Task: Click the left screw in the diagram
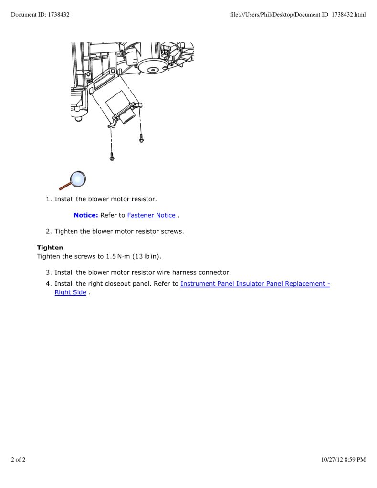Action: tap(112, 156)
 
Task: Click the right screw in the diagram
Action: tap(141, 137)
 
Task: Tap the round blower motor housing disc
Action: tap(152, 70)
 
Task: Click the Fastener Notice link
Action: tap(151, 215)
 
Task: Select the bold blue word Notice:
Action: tap(86, 215)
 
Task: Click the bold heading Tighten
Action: tap(50, 248)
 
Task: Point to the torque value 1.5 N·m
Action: tap(118, 257)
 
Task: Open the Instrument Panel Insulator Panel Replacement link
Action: tap(255, 284)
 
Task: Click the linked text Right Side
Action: tap(71, 292)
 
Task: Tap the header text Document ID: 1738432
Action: tap(40, 15)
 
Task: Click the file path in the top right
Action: tap(298, 15)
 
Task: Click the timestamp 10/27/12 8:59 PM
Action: tap(344, 460)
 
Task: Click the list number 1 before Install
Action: tap(49, 199)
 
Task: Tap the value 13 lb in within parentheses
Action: tap(147, 257)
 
